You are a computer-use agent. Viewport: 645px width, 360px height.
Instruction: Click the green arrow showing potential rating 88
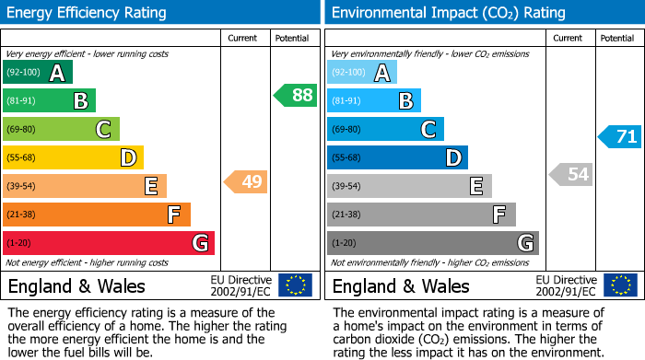point(296,95)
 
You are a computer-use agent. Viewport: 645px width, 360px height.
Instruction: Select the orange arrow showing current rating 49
point(246,181)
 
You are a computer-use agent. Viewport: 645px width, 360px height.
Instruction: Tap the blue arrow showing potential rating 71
point(620,137)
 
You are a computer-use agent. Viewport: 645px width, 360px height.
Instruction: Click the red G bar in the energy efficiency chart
point(109,243)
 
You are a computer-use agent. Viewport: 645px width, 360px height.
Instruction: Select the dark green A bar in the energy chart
point(38,73)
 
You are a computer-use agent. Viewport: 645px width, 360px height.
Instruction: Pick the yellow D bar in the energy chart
point(73,158)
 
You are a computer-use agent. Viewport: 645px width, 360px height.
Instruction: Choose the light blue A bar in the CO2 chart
point(362,73)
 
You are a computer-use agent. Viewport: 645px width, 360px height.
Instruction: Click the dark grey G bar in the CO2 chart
point(432,243)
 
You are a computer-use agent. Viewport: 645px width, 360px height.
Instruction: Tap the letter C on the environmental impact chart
point(428,130)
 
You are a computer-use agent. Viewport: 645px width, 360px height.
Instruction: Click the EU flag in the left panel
point(295,285)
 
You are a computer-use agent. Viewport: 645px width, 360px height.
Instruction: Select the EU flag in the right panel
point(620,285)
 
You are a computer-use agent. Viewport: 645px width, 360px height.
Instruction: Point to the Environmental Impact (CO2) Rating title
point(448,13)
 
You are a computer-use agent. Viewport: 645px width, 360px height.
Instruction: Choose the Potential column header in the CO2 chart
point(616,38)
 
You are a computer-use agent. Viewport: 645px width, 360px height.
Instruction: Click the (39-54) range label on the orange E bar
point(20,187)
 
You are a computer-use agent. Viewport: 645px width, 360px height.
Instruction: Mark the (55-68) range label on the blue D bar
point(347,158)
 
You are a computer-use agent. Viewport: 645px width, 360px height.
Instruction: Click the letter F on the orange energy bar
point(173,215)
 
